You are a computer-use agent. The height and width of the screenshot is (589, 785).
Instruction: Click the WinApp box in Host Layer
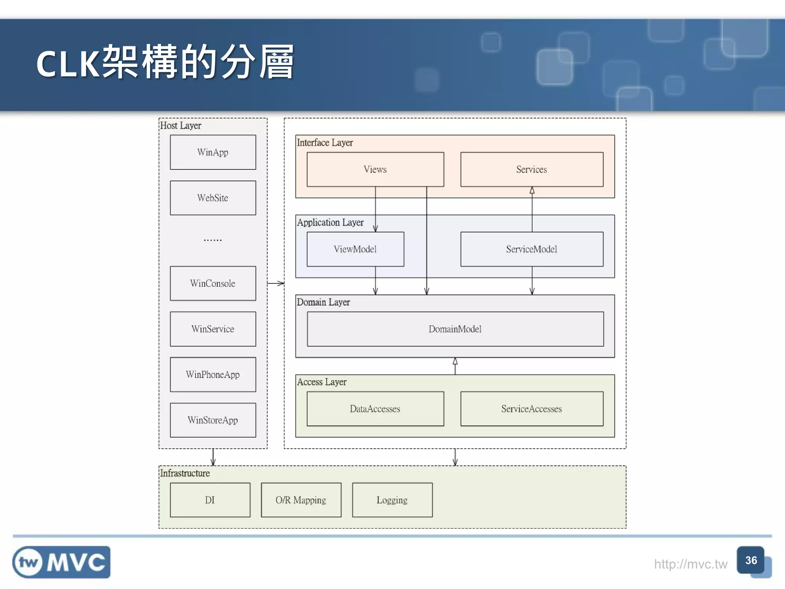213,152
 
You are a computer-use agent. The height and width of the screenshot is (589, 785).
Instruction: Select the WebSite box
213,198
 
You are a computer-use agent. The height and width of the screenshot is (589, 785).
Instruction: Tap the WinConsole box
213,283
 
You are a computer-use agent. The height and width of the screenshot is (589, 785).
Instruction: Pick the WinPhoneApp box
213,375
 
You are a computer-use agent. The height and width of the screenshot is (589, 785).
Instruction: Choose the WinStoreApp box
213,420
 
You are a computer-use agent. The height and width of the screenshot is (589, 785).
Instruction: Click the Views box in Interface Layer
375,169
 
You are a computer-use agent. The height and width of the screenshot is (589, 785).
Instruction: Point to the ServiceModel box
532,249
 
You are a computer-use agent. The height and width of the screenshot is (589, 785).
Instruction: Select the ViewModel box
355,249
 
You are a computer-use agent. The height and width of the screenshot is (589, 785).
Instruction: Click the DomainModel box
455,329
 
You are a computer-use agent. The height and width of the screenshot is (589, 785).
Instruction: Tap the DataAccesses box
375,409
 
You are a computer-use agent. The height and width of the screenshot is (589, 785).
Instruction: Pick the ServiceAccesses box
532,409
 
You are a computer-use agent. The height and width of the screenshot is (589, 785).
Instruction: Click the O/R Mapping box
301,500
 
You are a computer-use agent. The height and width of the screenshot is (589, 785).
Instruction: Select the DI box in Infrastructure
210,500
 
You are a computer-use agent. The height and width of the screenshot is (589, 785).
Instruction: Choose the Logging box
392,500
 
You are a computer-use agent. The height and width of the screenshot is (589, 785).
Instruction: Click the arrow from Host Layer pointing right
276,283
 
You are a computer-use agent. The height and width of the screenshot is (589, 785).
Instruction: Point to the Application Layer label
330,222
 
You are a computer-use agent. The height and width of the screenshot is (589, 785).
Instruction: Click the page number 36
751,560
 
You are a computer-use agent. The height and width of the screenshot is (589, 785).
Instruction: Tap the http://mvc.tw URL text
690,564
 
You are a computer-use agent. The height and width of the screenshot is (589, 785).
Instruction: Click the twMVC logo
61,562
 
